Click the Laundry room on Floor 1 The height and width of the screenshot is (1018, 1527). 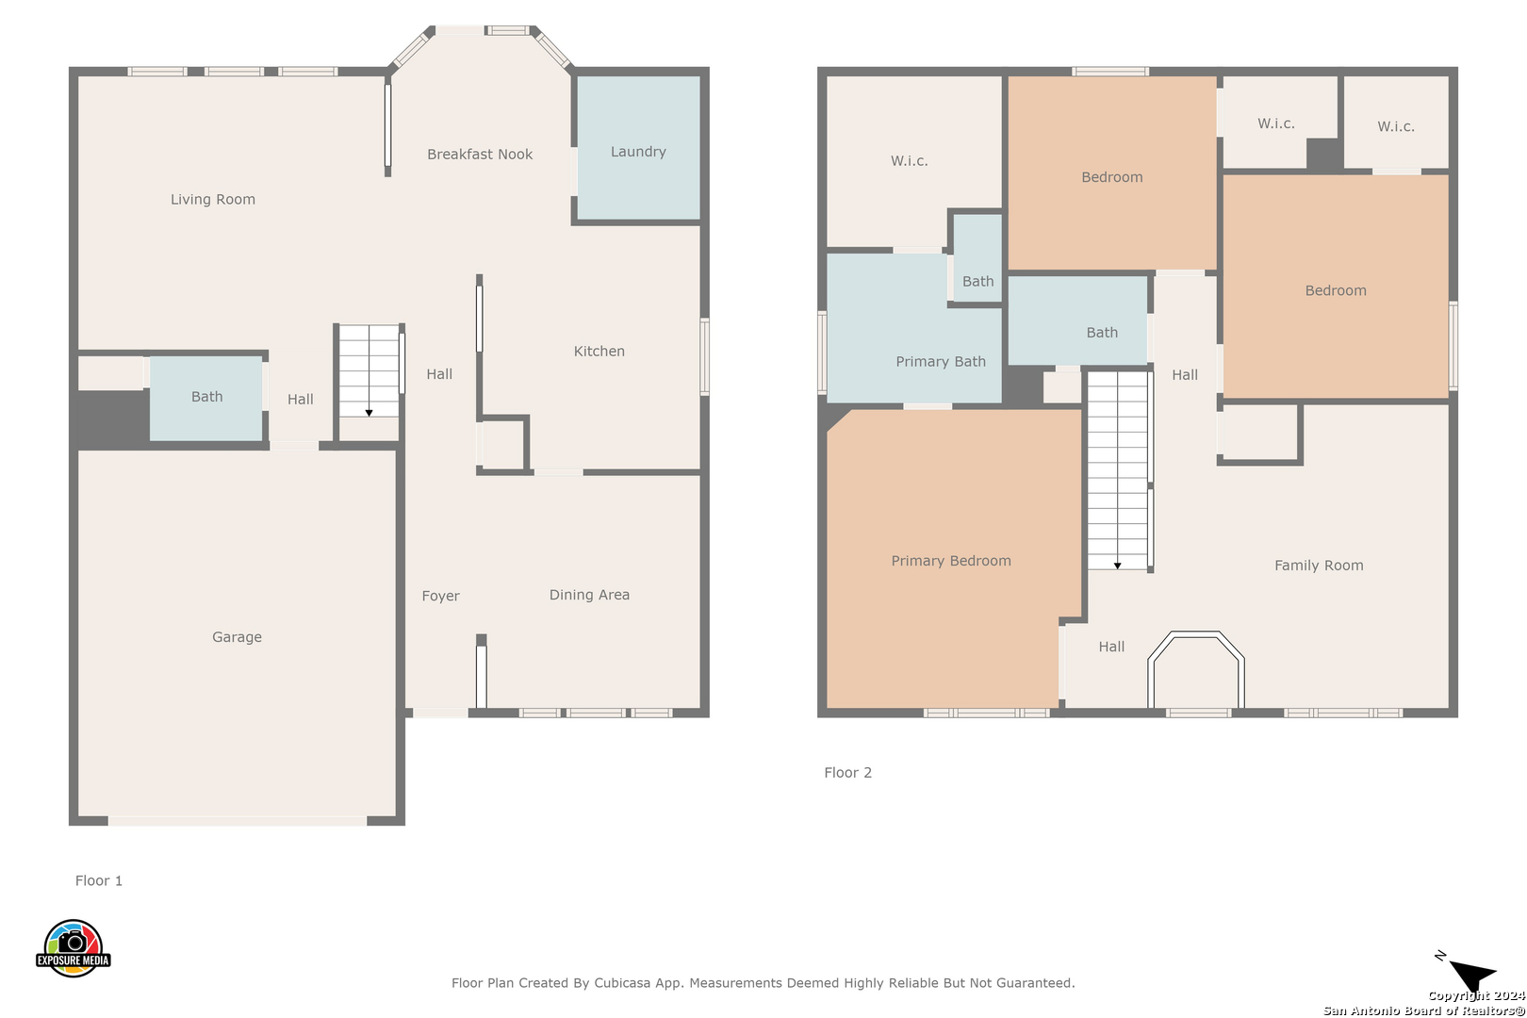click(x=639, y=148)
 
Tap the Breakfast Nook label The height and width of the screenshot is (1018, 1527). click(x=480, y=154)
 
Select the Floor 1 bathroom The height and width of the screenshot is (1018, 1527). click(x=205, y=398)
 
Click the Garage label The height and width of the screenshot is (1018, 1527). click(x=237, y=637)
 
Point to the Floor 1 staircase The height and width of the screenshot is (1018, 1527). click(x=369, y=371)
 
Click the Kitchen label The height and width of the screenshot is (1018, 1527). click(x=599, y=352)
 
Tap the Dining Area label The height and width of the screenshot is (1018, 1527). click(x=590, y=595)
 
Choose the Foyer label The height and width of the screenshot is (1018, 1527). click(x=440, y=596)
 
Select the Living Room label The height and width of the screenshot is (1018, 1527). click(x=213, y=199)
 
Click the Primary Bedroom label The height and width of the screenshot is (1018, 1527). click(x=951, y=561)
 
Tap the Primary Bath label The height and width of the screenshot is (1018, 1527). click(x=941, y=361)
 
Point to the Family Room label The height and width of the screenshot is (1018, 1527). click(x=1319, y=566)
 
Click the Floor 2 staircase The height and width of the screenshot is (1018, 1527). click(x=1117, y=470)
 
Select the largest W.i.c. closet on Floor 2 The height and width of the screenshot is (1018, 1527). click(x=913, y=161)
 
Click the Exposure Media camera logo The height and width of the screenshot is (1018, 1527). click(x=73, y=947)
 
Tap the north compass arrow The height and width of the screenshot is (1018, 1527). click(x=1472, y=975)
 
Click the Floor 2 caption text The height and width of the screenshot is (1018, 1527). click(x=848, y=773)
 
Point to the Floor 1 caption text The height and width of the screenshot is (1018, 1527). click(x=99, y=880)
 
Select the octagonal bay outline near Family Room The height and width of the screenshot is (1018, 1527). click(x=1196, y=634)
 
